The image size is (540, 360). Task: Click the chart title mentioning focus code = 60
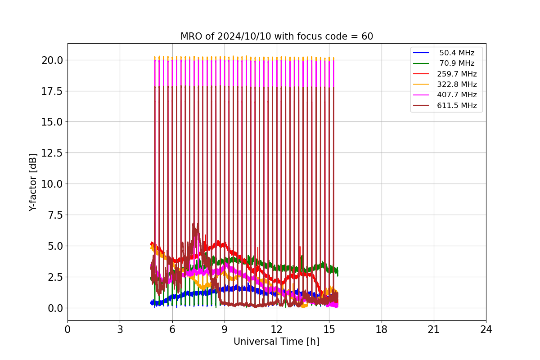tap(276, 36)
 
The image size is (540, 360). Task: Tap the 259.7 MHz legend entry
tap(445, 74)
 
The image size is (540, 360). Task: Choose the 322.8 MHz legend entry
tap(445, 84)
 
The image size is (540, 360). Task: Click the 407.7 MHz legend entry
tap(445, 95)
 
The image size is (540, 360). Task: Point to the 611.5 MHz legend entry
tap(445, 105)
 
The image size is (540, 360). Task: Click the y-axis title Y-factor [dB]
tap(32, 183)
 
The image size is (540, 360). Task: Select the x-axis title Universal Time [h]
tap(276, 342)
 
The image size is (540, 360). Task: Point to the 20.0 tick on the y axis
tap(52, 60)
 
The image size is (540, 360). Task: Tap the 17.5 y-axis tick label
tap(52, 91)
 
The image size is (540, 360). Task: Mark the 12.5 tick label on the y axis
tap(52, 153)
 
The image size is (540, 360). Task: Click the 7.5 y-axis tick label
tap(55, 215)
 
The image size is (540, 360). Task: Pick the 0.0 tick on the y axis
tap(55, 308)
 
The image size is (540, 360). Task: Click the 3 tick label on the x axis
tap(120, 329)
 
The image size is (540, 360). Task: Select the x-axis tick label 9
tap(225, 329)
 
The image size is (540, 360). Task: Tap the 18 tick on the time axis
tap(382, 329)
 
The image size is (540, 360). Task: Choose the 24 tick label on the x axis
tap(486, 329)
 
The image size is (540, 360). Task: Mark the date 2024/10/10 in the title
tap(244, 36)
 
